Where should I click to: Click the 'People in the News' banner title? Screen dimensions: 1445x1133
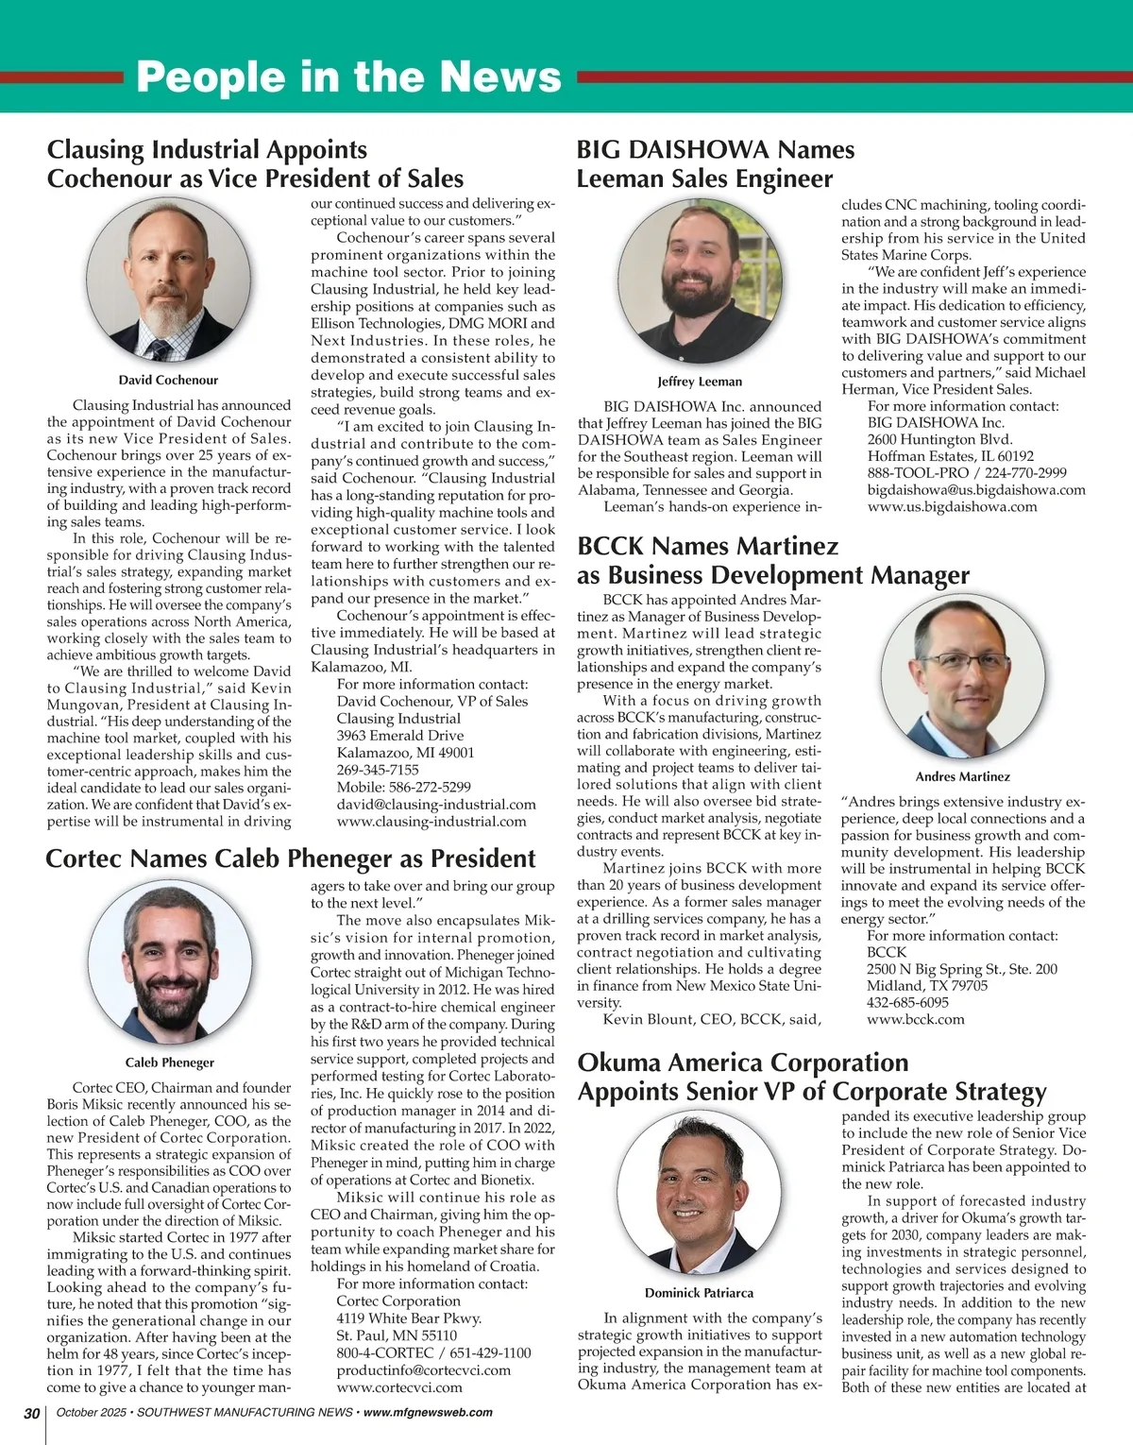348,76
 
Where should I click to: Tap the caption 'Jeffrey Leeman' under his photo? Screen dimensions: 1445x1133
700,382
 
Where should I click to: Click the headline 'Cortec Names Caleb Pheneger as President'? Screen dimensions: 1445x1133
291,858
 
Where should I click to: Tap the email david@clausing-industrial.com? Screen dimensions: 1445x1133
436,805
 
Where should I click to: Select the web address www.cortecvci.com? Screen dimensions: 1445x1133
399,1387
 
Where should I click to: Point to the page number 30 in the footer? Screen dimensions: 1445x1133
31,1413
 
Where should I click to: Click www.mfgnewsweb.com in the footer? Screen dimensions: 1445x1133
428,1413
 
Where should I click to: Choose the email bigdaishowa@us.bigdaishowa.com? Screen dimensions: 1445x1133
976,489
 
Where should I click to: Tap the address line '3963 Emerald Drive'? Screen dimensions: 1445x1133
400,736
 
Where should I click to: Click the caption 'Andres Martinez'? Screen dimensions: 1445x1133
962,776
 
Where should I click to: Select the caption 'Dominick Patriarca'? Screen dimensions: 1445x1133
700,1293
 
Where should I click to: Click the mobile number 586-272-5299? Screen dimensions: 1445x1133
429,787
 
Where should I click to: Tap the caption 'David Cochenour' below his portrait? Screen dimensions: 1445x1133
168,380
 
